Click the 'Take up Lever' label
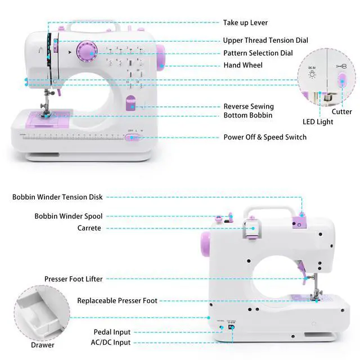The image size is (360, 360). [x=245, y=23]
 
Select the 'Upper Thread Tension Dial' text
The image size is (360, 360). [x=265, y=40]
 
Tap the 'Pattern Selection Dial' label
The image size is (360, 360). [x=258, y=53]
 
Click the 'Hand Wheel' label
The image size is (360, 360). [x=243, y=66]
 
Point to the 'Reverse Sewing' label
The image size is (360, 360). [x=249, y=106]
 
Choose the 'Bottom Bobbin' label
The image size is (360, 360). [x=248, y=115]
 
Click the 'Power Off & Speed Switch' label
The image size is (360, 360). [x=265, y=137]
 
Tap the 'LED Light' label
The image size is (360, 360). [x=318, y=121]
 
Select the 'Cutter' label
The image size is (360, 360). [x=341, y=112]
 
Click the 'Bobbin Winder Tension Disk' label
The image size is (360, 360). [x=57, y=197]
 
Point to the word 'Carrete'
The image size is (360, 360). [x=89, y=228]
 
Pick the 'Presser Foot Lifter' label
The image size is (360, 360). [x=74, y=279]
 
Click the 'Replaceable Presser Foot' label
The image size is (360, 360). [x=117, y=301]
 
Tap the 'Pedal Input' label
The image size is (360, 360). [x=112, y=332]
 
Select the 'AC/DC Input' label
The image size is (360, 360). [x=110, y=343]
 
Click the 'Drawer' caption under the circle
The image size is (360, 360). [x=43, y=345]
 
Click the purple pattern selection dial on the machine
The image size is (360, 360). [x=87, y=52]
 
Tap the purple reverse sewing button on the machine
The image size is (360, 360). [x=131, y=103]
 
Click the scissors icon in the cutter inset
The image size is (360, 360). [x=341, y=66]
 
